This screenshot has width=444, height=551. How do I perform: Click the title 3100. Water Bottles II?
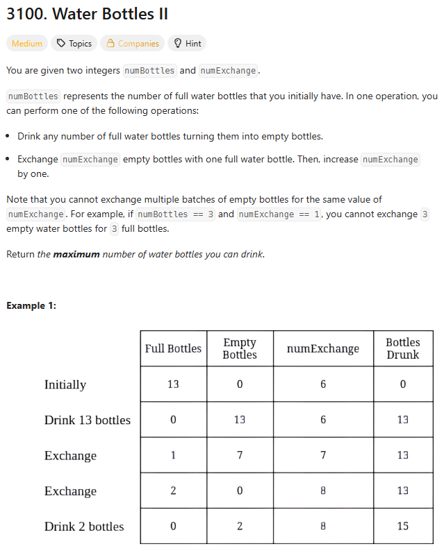(x=87, y=14)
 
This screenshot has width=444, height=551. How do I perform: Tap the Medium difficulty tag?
(x=27, y=44)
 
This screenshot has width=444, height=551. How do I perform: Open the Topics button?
(x=74, y=44)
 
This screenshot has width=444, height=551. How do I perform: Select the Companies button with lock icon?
(x=132, y=44)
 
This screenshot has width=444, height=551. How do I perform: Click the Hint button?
(x=187, y=44)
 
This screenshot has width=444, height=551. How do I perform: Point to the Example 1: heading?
(x=31, y=305)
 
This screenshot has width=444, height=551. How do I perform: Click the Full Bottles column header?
(x=173, y=348)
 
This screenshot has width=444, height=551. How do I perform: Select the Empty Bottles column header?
(x=240, y=348)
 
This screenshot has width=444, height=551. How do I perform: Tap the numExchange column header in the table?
(x=323, y=348)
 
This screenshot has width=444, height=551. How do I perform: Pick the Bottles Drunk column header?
(x=403, y=348)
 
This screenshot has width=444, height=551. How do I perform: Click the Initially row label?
(x=65, y=384)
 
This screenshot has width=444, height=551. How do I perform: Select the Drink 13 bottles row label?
(x=88, y=420)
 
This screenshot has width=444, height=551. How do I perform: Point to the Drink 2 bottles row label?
(x=84, y=526)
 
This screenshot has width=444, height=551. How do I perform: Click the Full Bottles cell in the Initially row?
(x=173, y=384)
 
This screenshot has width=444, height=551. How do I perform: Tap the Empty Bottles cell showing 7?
(x=240, y=455)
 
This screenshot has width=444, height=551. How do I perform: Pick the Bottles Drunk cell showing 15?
(x=403, y=526)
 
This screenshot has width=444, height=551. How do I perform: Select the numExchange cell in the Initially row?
(x=323, y=384)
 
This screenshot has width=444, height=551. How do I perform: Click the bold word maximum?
(x=76, y=255)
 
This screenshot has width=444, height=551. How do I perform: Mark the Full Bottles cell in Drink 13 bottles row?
(x=173, y=420)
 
